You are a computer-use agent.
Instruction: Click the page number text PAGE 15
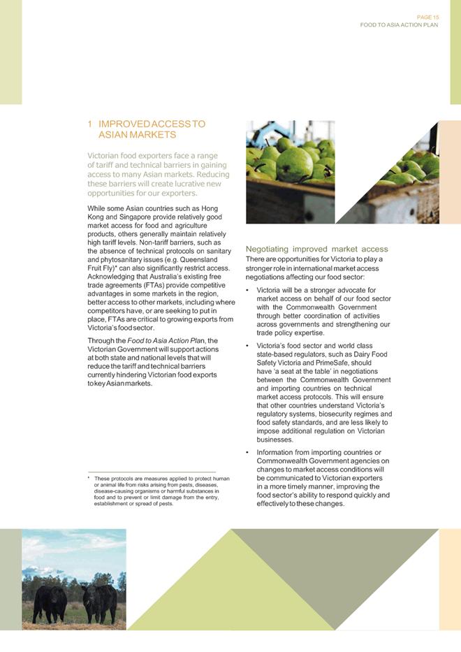(427, 17)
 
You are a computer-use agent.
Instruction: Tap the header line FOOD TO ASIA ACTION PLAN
(399, 24)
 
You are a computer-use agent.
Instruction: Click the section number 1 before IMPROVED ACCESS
(89, 124)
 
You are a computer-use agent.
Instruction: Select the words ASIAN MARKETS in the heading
(137, 134)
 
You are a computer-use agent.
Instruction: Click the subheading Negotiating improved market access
(316, 249)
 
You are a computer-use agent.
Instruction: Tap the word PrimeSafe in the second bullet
(321, 363)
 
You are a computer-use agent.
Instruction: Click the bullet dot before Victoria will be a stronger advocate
(249, 290)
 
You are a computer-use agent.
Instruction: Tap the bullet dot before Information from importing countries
(249, 453)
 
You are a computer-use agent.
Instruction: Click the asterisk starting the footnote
(89, 479)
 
